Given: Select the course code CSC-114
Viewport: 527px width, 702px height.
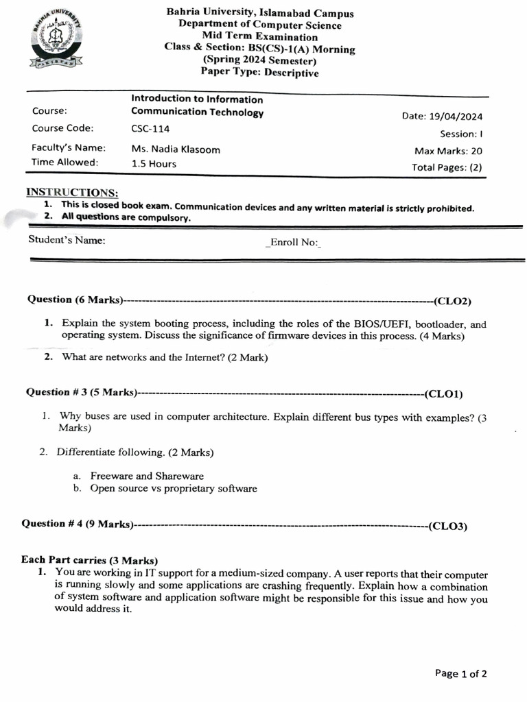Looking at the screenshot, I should tap(150, 128).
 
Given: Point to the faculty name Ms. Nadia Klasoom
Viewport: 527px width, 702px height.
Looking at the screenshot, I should tap(176, 149).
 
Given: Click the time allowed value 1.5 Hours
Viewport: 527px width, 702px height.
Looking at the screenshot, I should tap(154, 164).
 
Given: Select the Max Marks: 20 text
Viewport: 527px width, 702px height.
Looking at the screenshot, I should tap(448, 151).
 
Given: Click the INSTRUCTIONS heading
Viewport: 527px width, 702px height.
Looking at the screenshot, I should tap(72, 193).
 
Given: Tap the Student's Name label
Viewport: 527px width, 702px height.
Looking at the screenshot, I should tap(67, 240).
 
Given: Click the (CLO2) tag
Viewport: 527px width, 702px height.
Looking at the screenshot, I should tap(452, 300).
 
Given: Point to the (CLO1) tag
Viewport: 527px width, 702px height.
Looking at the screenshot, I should tap(444, 394).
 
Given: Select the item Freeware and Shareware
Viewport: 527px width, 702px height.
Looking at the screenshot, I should tap(147, 476).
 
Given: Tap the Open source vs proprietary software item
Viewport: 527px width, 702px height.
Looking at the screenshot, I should tap(174, 489).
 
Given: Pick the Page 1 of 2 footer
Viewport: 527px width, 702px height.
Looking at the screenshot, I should tap(461, 673).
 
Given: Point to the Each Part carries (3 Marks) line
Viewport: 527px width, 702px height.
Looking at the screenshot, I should tap(90, 559).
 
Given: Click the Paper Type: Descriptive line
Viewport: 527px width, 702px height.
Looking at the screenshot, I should tap(259, 73).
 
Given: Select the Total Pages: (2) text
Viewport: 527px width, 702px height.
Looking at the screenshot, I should tap(447, 167).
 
